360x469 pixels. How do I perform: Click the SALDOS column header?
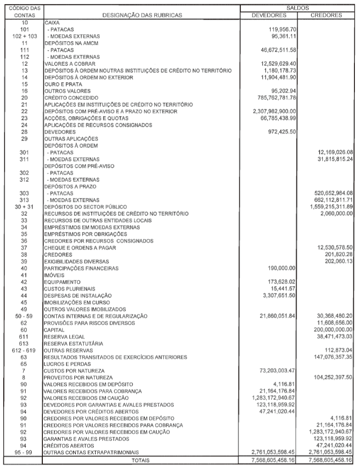298,8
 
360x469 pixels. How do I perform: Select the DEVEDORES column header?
269,15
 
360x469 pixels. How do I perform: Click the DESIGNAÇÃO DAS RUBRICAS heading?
142,15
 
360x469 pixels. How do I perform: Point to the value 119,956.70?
280,29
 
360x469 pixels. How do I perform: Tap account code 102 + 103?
25,36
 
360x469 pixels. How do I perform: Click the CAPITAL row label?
54,330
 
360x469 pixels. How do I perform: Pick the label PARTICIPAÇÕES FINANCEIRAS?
82,268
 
